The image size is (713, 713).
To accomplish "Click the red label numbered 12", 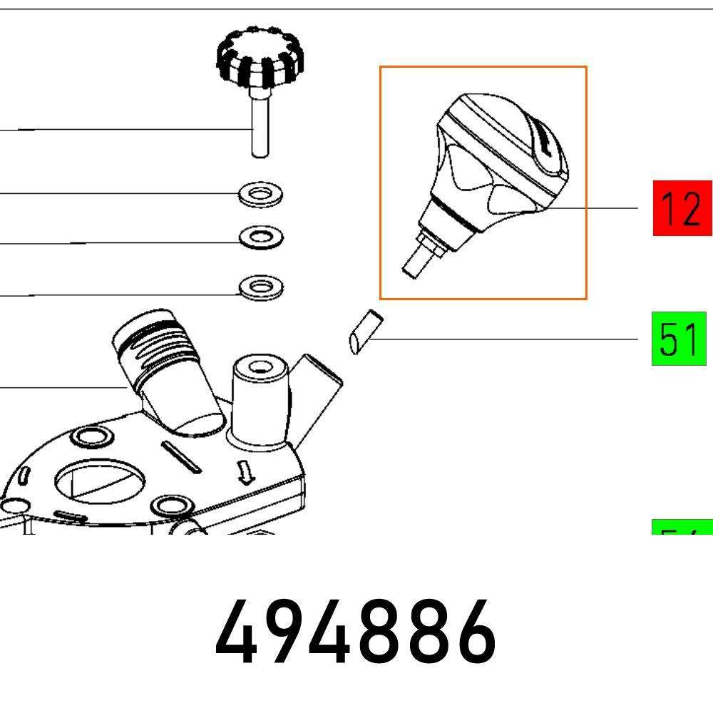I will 682,208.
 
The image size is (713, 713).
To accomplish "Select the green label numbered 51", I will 678,339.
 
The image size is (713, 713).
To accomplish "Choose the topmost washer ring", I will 260,193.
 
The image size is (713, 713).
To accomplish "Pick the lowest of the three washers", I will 260,288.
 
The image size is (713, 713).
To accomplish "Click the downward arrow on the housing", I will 247,471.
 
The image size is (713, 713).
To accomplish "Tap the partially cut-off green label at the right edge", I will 682,529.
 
